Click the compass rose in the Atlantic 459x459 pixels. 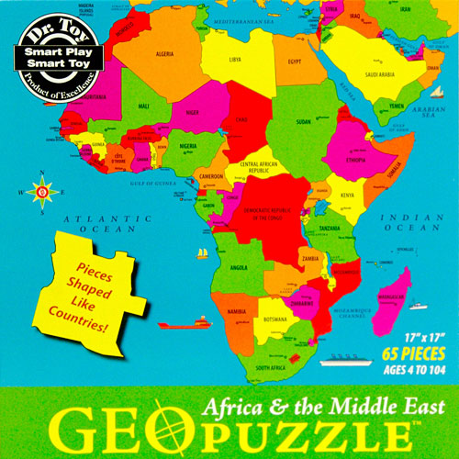click(40, 191)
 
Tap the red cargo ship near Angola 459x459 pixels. click(175, 323)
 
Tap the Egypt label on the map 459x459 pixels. click(295, 62)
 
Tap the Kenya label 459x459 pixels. click(347, 195)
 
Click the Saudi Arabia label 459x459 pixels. click(379, 74)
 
